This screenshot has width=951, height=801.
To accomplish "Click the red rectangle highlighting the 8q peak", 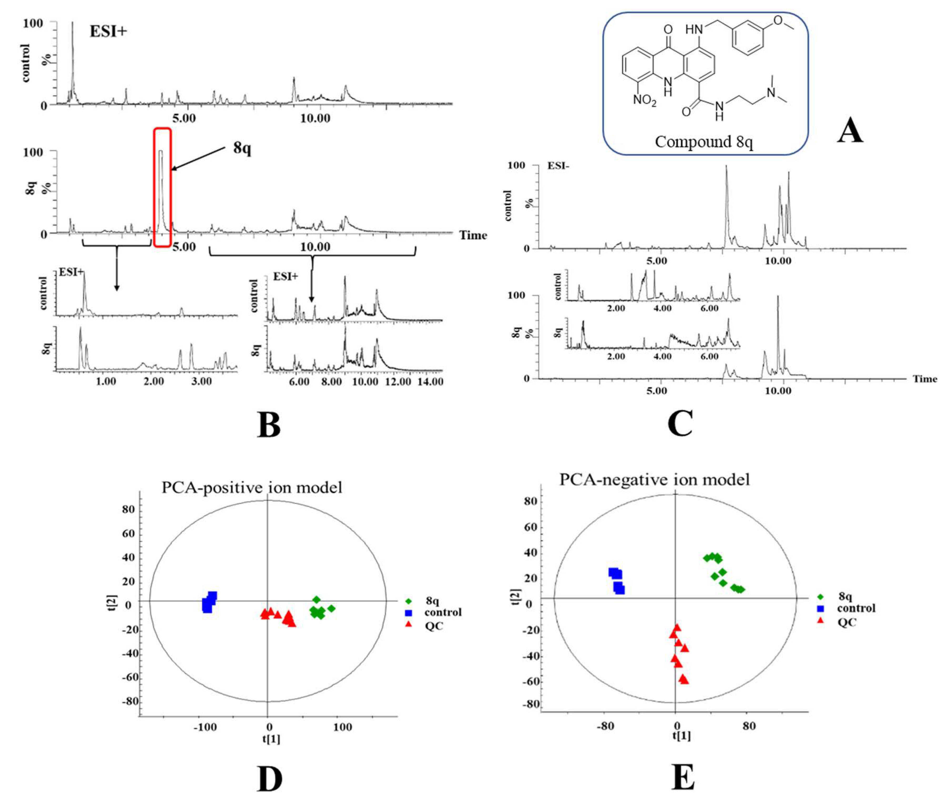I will click(162, 188).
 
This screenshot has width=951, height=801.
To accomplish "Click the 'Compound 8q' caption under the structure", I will click(704, 142).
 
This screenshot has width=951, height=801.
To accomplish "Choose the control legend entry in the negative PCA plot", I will click(856, 608).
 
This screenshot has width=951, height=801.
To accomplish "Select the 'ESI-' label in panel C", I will click(558, 166).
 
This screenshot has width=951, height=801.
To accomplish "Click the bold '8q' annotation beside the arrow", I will click(242, 148).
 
